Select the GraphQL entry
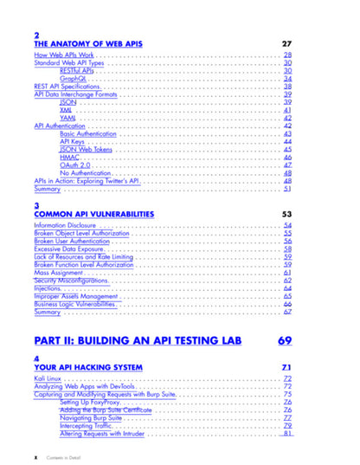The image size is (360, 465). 74,79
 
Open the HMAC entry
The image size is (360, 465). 70,157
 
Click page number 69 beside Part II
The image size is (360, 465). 284,340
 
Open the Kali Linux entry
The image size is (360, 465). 50,380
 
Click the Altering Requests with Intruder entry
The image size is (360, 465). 108,434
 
